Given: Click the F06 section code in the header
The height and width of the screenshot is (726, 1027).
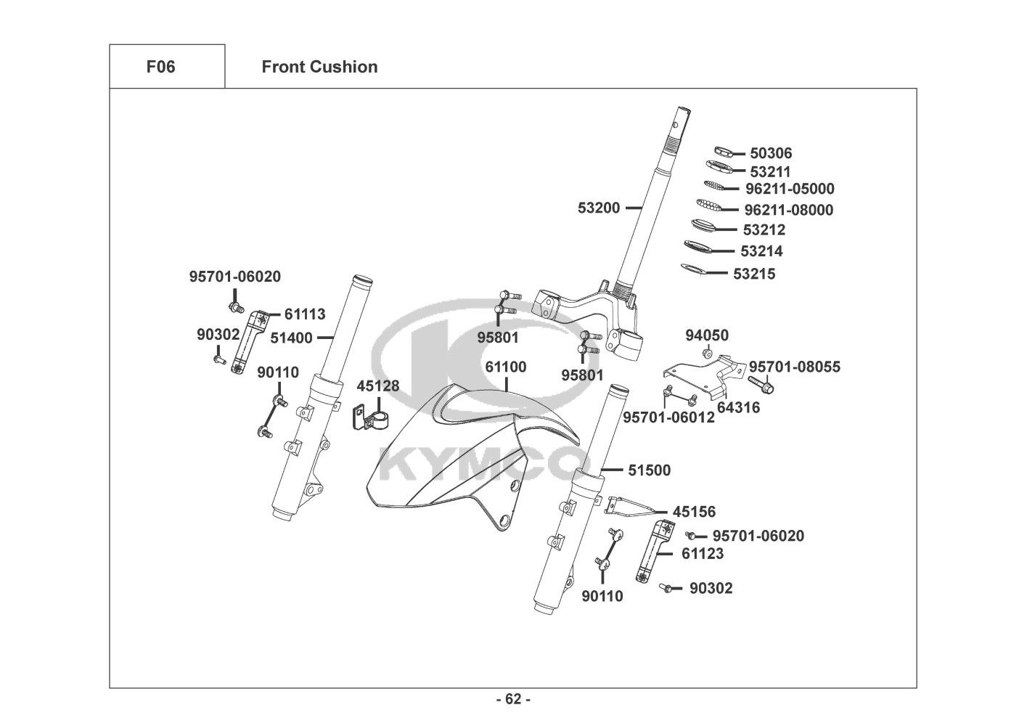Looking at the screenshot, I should (x=160, y=67).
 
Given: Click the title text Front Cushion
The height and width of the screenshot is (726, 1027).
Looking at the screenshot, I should (x=319, y=67).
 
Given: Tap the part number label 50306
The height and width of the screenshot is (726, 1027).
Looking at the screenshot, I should (x=771, y=153).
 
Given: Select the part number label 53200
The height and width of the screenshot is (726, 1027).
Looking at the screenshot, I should (x=599, y=208).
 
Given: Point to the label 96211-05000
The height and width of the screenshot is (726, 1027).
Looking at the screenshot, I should (x=790, y=189).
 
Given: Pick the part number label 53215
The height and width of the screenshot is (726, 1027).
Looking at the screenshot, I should (x=754, y=274).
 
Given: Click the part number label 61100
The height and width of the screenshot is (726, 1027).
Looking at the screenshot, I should (x=506, y=367).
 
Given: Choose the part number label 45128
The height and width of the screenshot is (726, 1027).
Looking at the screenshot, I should (x=377, y=386).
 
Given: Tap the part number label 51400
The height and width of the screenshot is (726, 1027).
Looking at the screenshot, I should (x=291, y=338).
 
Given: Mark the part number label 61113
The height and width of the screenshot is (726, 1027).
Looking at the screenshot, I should (x=305, y=314).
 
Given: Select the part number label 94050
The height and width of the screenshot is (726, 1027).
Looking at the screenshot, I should (x=707, y=335).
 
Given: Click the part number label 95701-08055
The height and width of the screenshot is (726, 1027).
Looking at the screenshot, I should (x=795, y=367).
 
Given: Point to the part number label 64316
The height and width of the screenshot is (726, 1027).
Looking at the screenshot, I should (x=739, y=407).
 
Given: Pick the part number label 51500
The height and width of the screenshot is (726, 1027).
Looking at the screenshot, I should (x=649, y=470).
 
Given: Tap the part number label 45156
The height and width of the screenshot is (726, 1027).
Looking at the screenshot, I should (x=694, y=512).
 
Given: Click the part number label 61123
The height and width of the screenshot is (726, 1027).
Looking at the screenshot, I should (x=703, y=553).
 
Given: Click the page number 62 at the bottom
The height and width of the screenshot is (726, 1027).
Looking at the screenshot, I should (x=513, y=700).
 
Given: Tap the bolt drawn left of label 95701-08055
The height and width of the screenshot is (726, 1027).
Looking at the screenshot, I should (x=761, y=384).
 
